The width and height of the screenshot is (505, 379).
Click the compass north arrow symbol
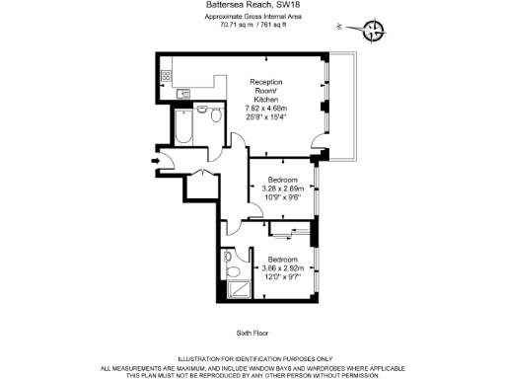tap(373, 32)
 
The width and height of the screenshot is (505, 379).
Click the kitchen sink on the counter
tap(184, 94)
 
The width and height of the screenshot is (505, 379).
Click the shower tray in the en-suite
tap(238, 288)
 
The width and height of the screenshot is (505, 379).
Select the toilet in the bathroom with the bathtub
tap(216, 114)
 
